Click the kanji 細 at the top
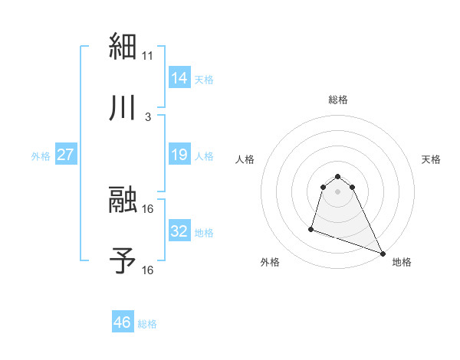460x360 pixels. pos(123,48)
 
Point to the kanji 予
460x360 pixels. pos(123,261)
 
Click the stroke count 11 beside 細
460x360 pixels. pos(148,56)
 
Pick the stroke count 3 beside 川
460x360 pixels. pos(148,116)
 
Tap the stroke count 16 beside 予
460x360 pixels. pos(148,270)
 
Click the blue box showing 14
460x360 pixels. pos(179,78)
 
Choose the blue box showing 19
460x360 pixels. pos(179,155)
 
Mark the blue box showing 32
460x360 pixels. pos(179,231)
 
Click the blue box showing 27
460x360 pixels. pos(66,155)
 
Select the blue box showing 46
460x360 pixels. pos(123,323)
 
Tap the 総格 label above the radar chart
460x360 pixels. pos(338,100)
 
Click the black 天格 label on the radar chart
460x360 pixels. pos(431,160)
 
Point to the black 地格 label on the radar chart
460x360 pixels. pos(402,263)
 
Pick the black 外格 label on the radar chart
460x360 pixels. pos(270,263)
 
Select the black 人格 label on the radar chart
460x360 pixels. pos(245,160)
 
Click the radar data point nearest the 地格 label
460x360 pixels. pos(383,253)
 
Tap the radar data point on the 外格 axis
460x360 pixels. pos(311,228)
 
